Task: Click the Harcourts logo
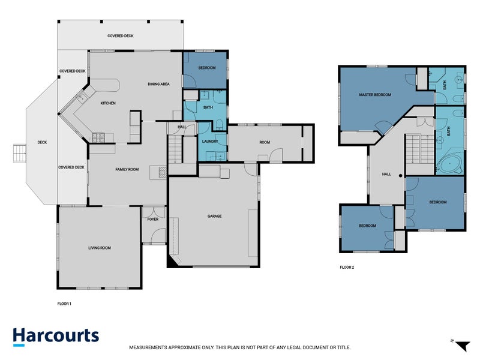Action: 56,336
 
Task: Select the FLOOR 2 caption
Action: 347,267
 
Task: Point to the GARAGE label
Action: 214,216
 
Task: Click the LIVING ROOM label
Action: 100,248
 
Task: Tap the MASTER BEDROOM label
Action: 375,95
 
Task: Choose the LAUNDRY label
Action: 209,142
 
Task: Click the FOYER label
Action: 153,220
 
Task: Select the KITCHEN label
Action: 108,104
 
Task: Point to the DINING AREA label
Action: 158,84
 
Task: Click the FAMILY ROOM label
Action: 127,170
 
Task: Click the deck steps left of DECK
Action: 20,153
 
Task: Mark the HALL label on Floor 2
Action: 386,175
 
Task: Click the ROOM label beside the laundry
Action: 265,142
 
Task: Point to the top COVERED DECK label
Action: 120,36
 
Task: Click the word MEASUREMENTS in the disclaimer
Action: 151,347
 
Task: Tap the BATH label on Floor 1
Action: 208,108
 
